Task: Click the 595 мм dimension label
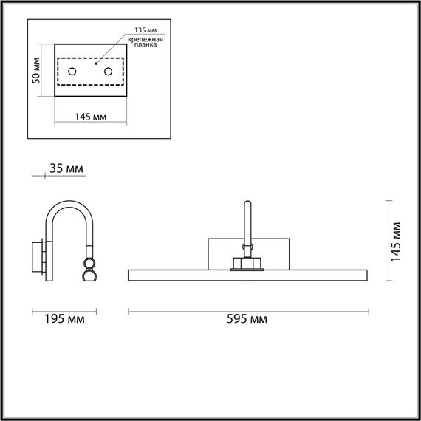[x=247, y=319]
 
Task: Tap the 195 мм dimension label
[x=64, y=319]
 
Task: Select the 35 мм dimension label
[x=66, y=168]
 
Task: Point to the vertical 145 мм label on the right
[x=395, y=242]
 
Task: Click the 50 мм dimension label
[x=36, y=70]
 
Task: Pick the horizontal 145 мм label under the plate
[x=91, y=117]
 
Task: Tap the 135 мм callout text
[x=146, y=30]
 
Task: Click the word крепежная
[x=146, y=40]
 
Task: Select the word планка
[x=146, y=44]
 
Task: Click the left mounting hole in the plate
[x=72, y=72]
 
